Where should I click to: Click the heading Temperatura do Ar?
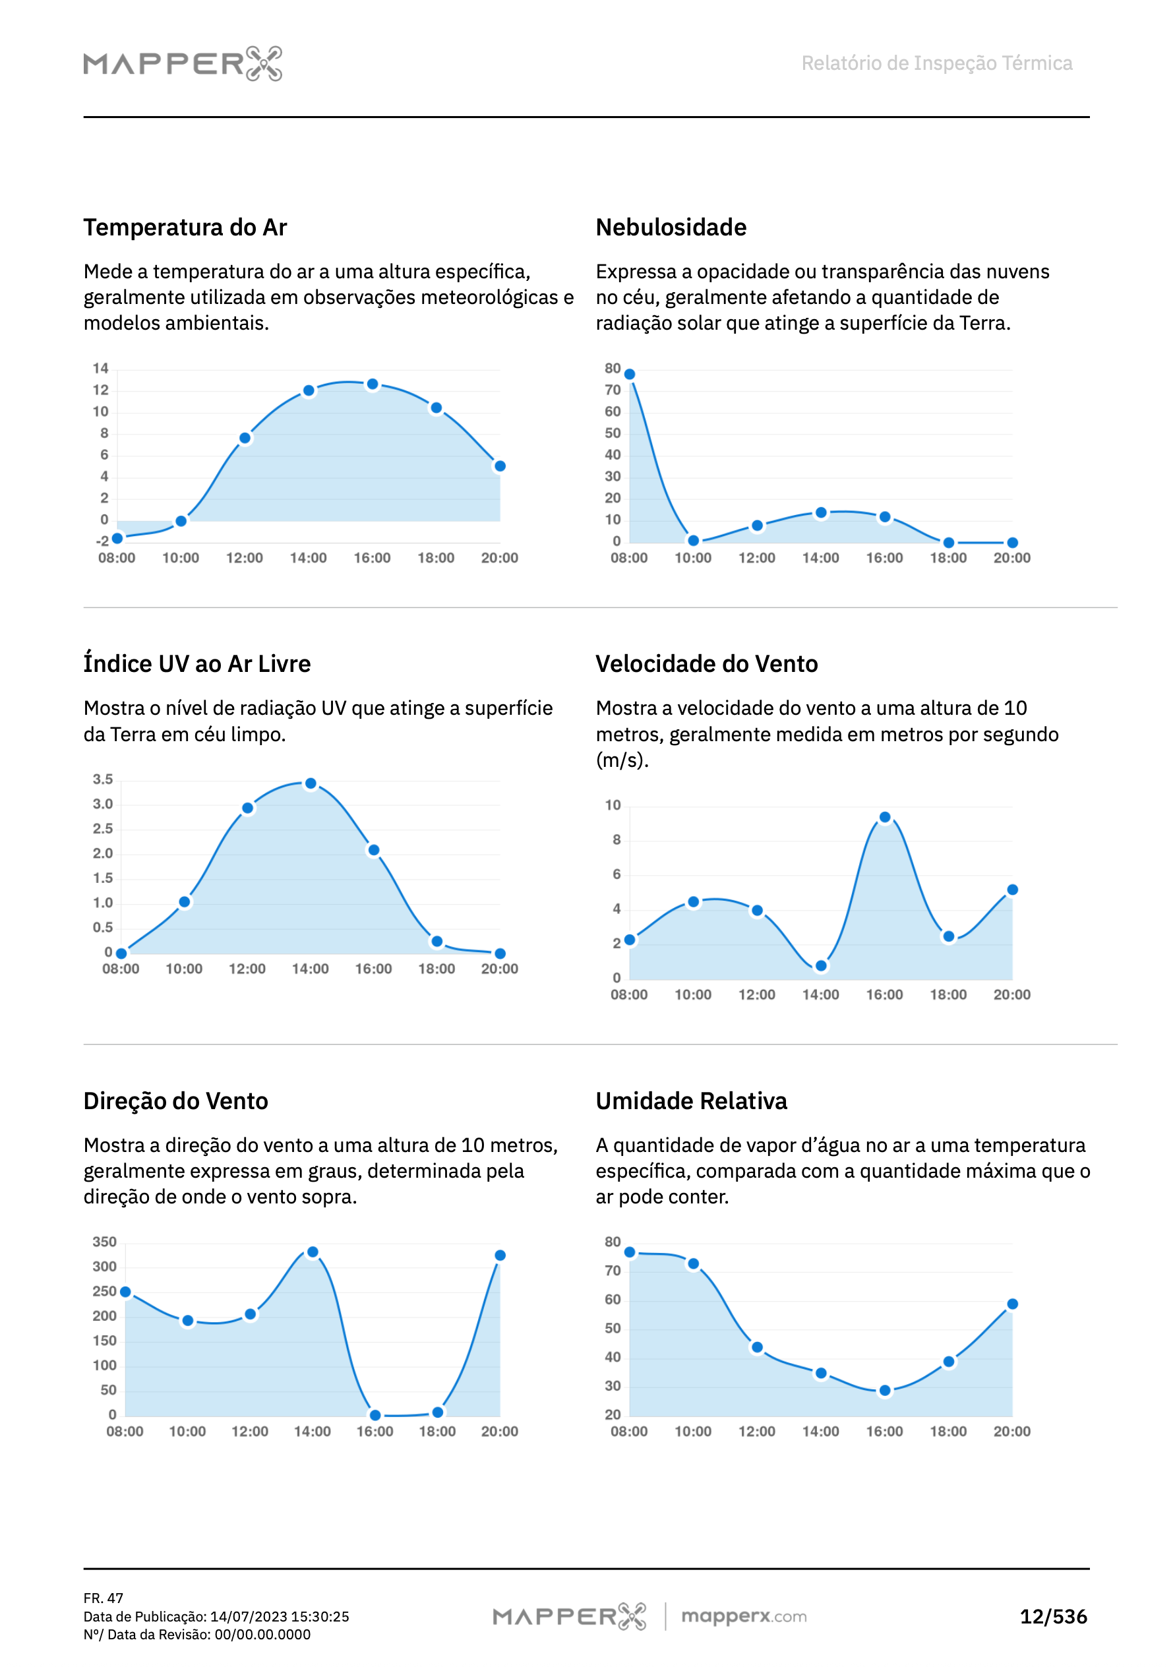point(185,227)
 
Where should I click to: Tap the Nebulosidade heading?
point(671,227)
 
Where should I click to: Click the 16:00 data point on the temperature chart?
point(372,384)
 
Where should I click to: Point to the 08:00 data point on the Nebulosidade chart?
point(630,375)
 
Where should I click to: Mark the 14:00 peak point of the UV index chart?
point(310,783)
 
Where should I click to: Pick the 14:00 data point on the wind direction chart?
point(313,1252)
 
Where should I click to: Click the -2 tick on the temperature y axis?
point(102,541)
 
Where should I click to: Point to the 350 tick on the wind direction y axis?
point(104,1242)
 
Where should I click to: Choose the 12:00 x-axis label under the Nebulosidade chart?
point(757,558)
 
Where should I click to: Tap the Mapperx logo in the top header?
point(182,64)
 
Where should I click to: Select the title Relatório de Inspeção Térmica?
point(936,63)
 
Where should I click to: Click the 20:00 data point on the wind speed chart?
point(1012,890)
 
